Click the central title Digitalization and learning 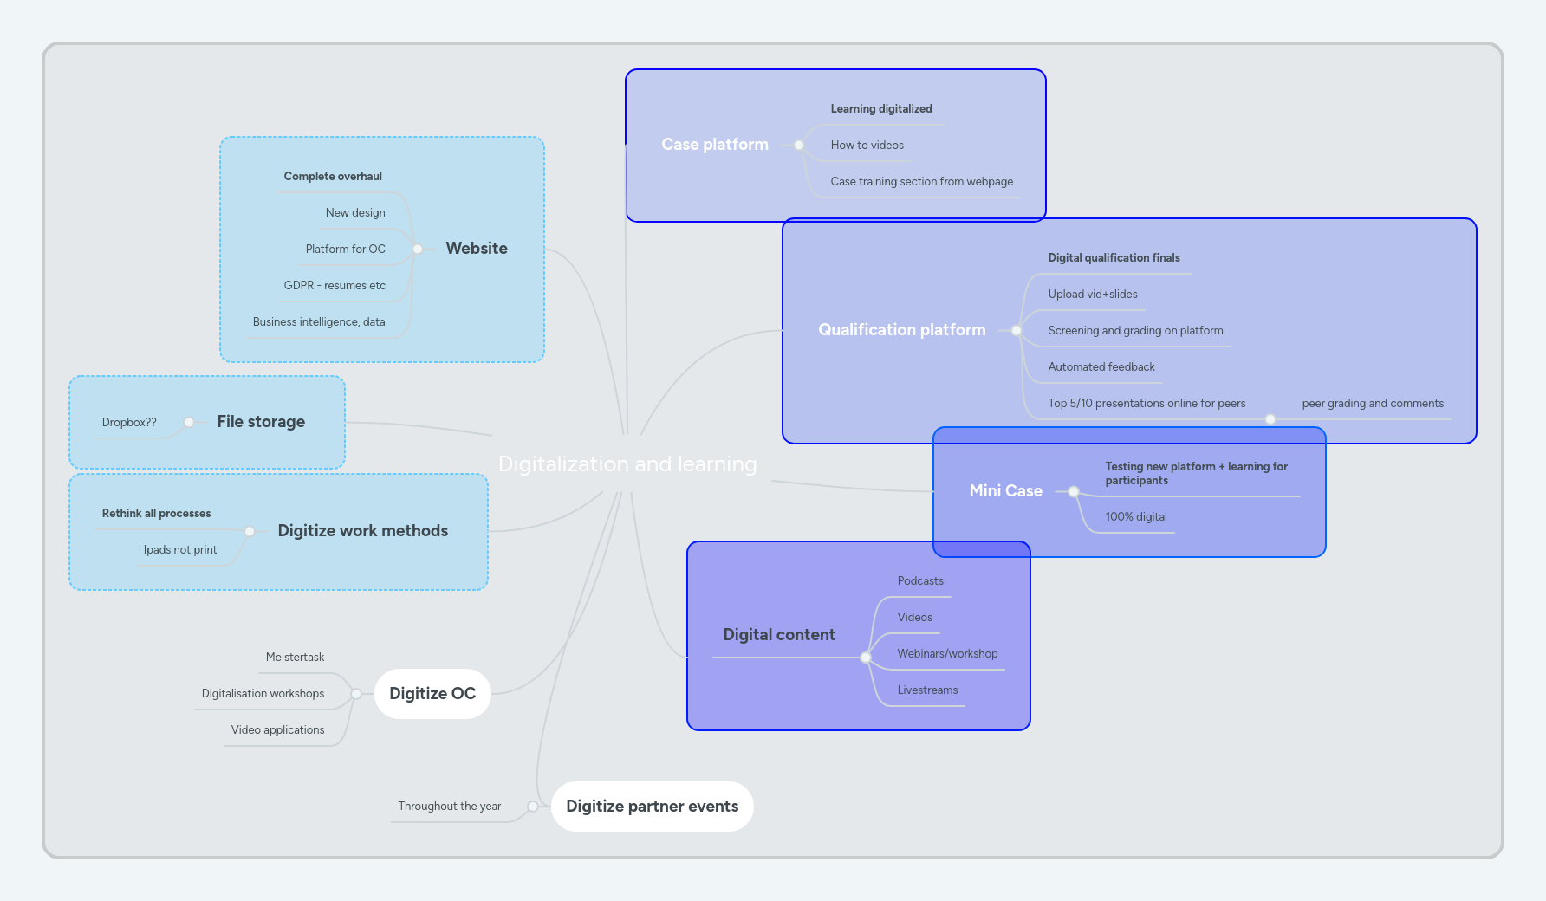point(627,464)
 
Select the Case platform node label point(715,145)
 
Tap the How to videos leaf point(867,146)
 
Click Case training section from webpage point(921,182)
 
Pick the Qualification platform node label point(901,330)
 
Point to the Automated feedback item point(1101,367)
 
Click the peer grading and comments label point(1372,404)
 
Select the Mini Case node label point(1005,491)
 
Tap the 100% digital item point(1135,517)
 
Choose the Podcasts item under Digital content point(919,581)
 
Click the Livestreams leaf point(927,690)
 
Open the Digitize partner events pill point(652,807)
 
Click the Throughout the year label point(449,807)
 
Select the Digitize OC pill point(432,694)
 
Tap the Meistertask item point(295,658)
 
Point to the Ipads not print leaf point(180,550)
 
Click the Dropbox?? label point(129,423)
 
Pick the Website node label point(477,249)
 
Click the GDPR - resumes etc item point(335,286)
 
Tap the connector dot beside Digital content point(865,658)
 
